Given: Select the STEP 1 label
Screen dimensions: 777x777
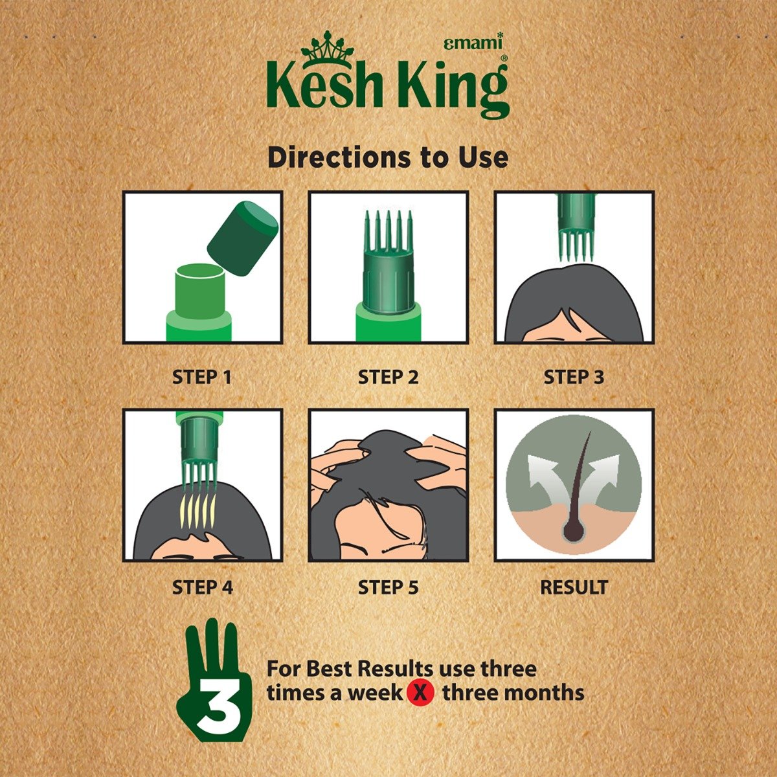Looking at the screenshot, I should coord(202,377).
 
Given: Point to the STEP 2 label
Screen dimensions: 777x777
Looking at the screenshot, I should coord(388,377).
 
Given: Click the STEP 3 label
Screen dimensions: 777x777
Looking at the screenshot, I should coord(574,377).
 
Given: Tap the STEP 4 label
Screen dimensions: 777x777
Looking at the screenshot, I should coord(202,587).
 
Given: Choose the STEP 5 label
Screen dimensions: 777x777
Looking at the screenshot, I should coord(388,587).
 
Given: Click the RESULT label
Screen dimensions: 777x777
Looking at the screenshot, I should coord(574,587).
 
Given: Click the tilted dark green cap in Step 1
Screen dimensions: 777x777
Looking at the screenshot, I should coord(242,238).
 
